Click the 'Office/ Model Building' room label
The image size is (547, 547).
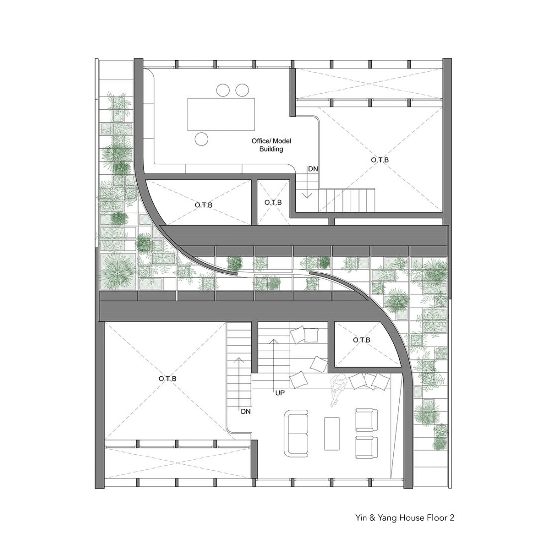pos(271,145)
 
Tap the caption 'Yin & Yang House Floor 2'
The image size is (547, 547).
pos(405,517)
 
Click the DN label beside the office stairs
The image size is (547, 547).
pos(313,169)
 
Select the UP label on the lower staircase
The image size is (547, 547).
pos(280,393)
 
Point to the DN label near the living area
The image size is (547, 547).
pos(246,412)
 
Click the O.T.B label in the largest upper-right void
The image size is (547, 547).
pos(380,160)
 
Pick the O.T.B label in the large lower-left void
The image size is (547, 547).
pos(168,379)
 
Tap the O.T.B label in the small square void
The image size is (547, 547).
pos(273,203)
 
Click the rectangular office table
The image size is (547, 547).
pos(221,114)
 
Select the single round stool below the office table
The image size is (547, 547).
pos(201,139)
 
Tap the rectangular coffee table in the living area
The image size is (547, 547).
pos(332,433)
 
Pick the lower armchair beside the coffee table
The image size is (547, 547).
pos(366,447)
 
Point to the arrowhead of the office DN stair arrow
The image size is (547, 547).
pos(307,196)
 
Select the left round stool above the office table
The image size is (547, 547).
pos(223,90)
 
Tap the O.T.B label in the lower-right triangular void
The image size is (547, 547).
pos(362,340)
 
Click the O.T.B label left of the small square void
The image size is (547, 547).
pos(204,205)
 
